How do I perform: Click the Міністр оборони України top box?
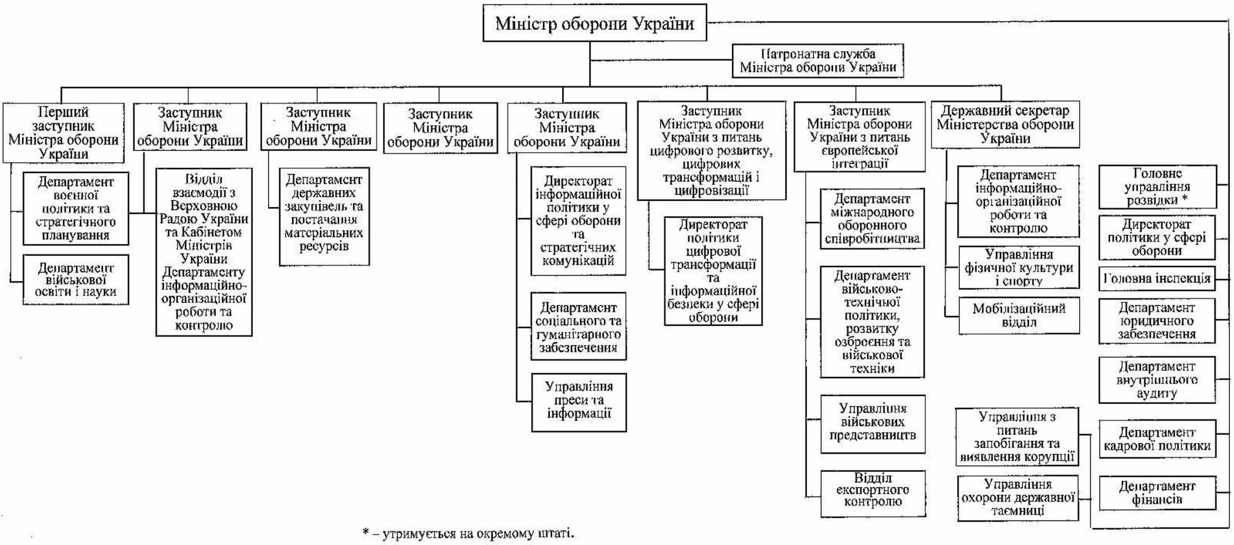(x=594, y=23)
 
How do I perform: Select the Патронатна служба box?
(x=818, y=61)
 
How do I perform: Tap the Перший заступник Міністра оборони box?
(x=63, y=133)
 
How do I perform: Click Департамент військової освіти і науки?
(x=76, y=280)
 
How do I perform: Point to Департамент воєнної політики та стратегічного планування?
(x=76, y=209)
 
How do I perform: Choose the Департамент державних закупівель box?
(x=324, y=216)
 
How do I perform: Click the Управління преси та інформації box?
(x=579, y=402)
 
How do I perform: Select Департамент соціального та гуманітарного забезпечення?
(x=578, y=326)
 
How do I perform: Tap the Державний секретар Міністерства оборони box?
(x=1005, y=125)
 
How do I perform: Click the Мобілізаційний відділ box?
(x=1018, y=315)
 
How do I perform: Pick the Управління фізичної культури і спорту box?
(x=1018, y=268)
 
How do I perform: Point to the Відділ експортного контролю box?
(x=873, y=493)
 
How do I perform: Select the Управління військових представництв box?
(x=873, y=424)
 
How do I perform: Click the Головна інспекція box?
(x=1157, y=279)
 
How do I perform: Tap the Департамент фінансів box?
(x=1157, y=493)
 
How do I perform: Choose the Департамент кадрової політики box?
(x=1157, y=439)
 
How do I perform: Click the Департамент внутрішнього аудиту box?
(x=1157, y=380)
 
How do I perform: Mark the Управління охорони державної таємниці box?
(x=1017, y=498)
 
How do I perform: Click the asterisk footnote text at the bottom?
(x=468, y=534)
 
